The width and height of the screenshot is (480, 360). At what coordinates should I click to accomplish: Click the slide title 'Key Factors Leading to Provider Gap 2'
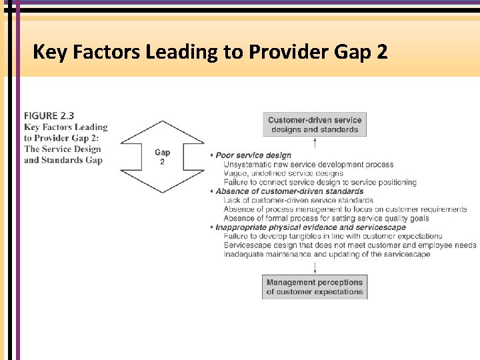[209, 51]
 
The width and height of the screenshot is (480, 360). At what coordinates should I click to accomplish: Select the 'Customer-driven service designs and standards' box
[315, 125]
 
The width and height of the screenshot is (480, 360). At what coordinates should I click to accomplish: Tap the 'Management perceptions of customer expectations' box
[315, 287]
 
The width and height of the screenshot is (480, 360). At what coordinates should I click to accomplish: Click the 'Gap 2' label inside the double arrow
[162, 157]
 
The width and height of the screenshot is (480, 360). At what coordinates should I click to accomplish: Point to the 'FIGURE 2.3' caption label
[49, 116]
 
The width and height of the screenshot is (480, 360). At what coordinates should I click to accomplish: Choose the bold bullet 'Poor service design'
[253, 155]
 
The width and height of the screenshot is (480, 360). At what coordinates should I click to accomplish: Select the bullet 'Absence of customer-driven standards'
[289, 191]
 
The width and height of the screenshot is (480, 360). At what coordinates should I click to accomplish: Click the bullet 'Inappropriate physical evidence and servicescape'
[310, 227]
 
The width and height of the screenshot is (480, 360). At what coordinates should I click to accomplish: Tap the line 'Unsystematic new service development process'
[309, 165]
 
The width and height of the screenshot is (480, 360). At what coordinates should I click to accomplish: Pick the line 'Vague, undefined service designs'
[283, 173]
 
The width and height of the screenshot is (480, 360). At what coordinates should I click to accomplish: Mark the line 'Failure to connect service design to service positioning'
[320, 182]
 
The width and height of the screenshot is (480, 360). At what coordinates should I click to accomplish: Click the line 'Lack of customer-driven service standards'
[299, 200]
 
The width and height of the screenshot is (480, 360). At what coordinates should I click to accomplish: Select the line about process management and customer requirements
[345, 209]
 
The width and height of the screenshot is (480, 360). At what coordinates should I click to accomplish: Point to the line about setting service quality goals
[326, 218]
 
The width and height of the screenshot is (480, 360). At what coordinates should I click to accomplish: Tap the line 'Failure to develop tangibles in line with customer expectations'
[333, 236]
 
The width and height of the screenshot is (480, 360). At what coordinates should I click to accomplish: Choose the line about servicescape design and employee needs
[350, 245]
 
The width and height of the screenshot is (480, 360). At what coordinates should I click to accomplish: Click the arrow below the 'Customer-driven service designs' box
[315, 143]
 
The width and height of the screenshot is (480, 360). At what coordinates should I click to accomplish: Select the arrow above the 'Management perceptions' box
[315, 267]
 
